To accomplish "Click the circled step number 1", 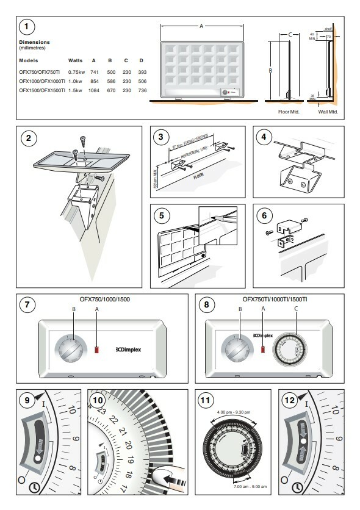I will [26, 27].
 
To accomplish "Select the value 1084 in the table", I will [94, 90].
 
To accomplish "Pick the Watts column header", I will [76, 61].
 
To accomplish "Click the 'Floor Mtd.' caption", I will [286, 112].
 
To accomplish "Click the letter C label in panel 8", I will [296, 309].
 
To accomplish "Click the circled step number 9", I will [26, 401].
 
